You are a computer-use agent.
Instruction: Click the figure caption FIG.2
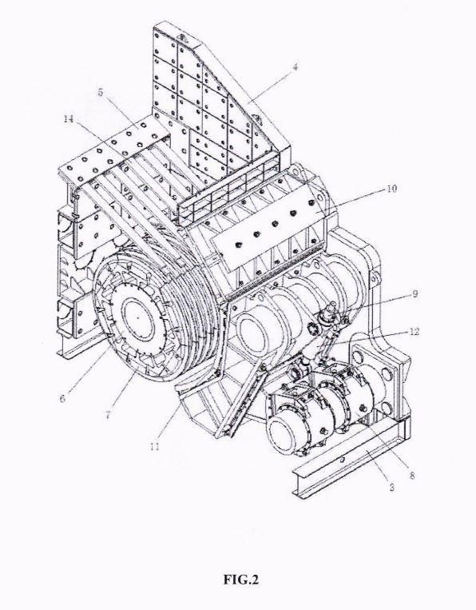point(240,580)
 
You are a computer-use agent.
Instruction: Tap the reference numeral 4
point(296,66)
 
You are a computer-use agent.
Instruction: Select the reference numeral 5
point(101,93)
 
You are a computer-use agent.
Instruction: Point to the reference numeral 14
point(69,119)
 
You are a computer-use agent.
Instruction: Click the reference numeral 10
point(391,189)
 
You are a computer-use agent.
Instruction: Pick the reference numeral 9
point(415,293)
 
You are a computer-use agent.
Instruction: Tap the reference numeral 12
point(415,332)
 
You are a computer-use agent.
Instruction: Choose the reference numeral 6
point(62,399)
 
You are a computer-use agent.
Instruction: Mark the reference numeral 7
point(108,415)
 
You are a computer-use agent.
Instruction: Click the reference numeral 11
point(155,447)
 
